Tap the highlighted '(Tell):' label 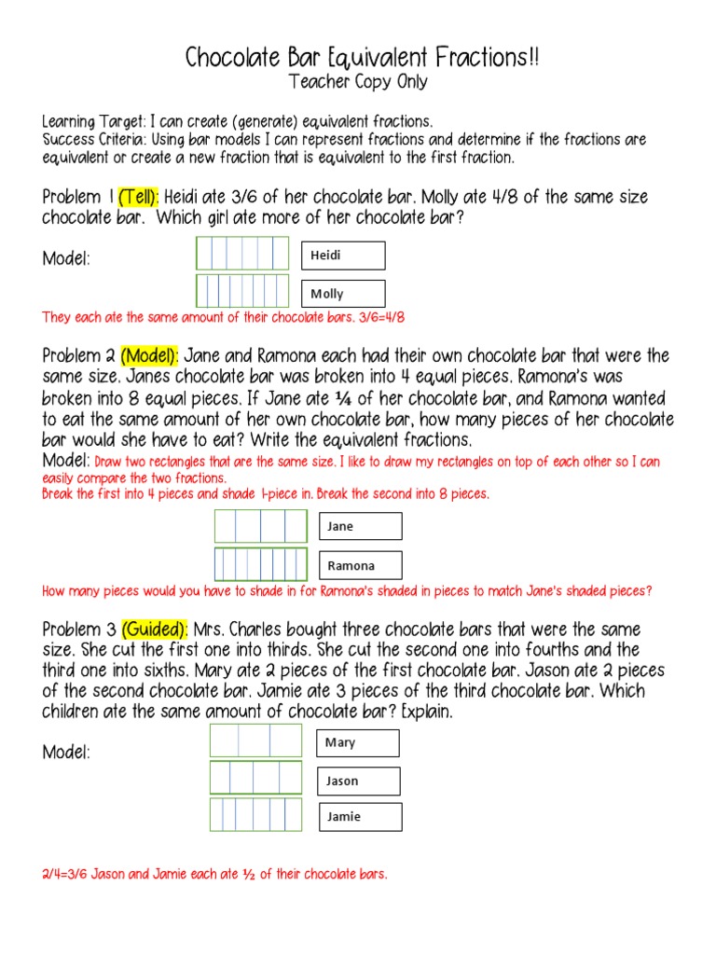pos(139,198)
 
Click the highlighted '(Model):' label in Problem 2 pos(149,356)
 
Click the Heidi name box pos(343,256)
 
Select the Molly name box pos(343,294)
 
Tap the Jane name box pos(360,526)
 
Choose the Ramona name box pos(360,565)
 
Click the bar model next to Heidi pos(242,254)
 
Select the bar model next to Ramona pos(261,564)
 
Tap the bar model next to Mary pos(256,740)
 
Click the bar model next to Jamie pos(256,815)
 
